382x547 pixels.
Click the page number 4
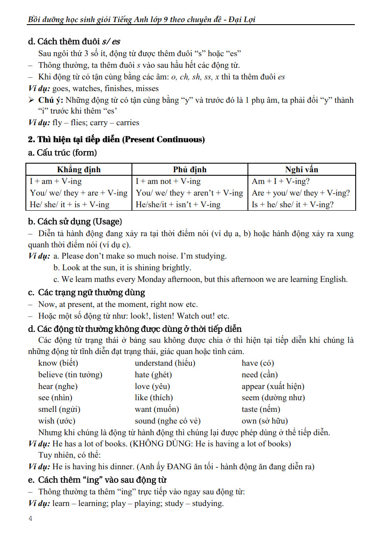click(x=30, y=519)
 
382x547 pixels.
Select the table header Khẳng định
click(x=78, y=169)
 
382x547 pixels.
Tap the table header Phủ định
click(x=190, y=169)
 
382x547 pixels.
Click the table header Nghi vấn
click(x=301, y=169)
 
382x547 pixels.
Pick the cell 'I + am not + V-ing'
click(x=168, y=181)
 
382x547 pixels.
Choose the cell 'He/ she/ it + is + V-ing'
click(x=70, y=205)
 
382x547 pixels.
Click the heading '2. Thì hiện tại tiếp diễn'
click(x=116, y=139)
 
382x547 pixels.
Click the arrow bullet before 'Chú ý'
click(x=31, y=100)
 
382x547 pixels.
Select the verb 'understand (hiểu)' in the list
click(x=165, y=363)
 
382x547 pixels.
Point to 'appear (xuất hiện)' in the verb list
click(x=272, y=386)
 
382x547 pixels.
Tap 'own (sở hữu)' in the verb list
click(x=264, y=421)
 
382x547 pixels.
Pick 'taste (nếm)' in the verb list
click(x=260, y=409)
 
